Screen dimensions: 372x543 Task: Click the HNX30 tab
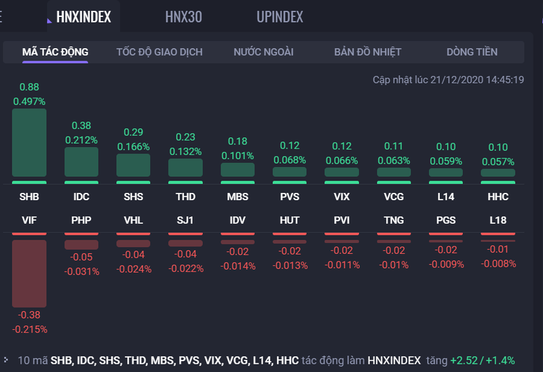click(x=183, y=17)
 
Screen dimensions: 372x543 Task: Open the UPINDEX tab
click(x=280, y=17)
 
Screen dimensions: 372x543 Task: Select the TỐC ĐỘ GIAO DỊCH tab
click(x=159, y=52)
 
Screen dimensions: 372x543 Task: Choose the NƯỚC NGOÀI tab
click(x=263, y=52)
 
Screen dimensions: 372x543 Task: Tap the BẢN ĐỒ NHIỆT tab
click(x=368, y=52)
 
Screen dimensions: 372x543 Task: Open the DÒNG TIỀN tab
click(x=472, y=52)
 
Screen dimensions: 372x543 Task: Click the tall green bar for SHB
click(x=29, y=143)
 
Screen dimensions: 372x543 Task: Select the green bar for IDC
click(x=81, y=162)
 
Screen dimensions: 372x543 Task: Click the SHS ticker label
click(x=133, y=198)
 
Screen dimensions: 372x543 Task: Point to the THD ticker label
click(x=185, y=198)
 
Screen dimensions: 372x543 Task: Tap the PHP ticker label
click(x=81, y=221)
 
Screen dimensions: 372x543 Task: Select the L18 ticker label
click(x=498, y=221)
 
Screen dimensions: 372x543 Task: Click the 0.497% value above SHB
click(x=29, y=101)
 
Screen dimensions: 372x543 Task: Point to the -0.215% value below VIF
click(x=29, y=329)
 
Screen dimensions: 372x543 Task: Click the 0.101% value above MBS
click(x=238, y=155)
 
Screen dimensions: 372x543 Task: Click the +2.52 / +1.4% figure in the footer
click(x=487, y=360)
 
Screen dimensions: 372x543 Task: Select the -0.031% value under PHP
click(x=81, y=272)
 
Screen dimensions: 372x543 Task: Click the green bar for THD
click(x=185, y=168)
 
